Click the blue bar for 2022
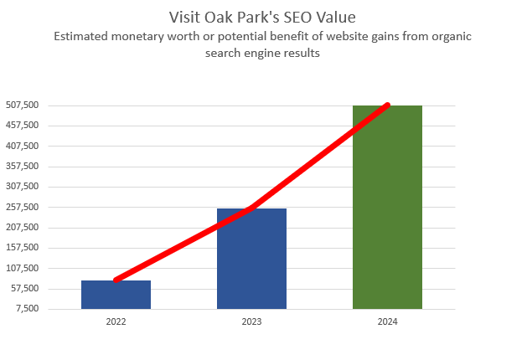coord(116,295)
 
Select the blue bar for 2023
coord(251,259)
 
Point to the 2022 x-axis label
coord(116,321)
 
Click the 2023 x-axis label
coord(251,321)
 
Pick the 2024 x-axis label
coord(387,321)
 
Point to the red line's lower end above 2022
coord(116,280)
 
